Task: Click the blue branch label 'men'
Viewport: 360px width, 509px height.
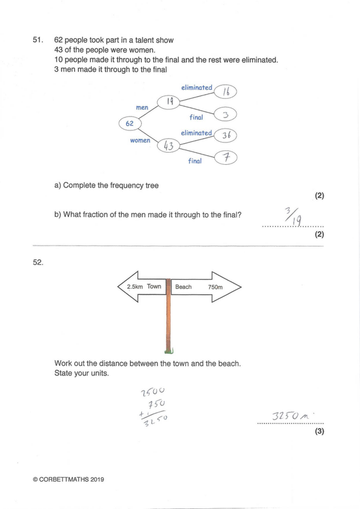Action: pyautogui.click(x=142, y=108)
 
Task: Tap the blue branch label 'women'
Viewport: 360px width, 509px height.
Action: pyautogui.click(x=140, y=140)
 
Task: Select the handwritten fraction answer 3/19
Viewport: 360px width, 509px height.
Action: pyautogui.click(x=293, y=216)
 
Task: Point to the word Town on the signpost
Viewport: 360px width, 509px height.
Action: pyautogui.click(x=154, y=286)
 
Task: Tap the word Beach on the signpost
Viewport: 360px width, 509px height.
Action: pyautogui.click(x=183, y=287)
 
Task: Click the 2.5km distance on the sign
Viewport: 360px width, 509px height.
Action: pyautogui.click(x=135, y=287)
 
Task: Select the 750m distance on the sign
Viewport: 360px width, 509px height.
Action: pyautogui.click(x=215, y=287)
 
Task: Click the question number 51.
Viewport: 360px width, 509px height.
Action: pyautogui.click(x=38, y=40)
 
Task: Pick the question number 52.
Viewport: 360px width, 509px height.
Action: pyautogui.click(x=38, y=262)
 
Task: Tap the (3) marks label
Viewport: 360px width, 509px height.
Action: pyautogui.click(x=319, y=431)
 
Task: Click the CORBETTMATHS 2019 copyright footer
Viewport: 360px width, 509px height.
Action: pyautogui.click(x=69, y=480)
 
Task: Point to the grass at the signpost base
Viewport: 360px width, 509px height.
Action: pyautogui.click(x=169, y=351)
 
